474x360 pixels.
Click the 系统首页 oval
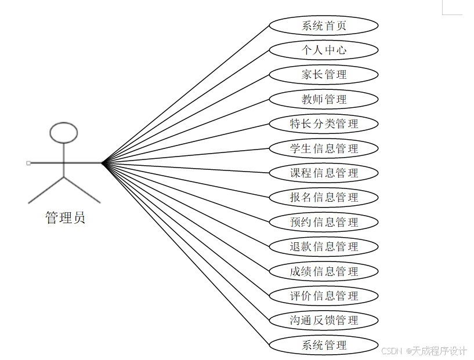coord(324,26)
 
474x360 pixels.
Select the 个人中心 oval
coord(324,50)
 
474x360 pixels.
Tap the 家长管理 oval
coord(324,75)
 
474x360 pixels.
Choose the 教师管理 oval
coord(324,99)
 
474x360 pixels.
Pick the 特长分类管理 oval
coord(324,123)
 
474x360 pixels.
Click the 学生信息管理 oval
coord(324,148)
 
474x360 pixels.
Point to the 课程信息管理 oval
coord(324,173)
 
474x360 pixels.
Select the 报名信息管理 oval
coord(324,197)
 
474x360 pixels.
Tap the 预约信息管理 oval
coord(324,222)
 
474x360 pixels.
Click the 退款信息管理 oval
coord(324,246)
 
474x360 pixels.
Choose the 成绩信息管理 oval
coord(324,271)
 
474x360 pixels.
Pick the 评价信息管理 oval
coord(324,296)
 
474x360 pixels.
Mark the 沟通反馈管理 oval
coord(324,320)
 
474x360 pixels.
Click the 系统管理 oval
coord(324,346)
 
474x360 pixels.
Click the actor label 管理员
coord(65,218)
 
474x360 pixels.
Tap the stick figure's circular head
coord(64,133)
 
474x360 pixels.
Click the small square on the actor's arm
coord(28,163)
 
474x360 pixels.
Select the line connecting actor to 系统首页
coord(186,94)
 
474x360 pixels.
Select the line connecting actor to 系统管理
coord(186,254)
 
